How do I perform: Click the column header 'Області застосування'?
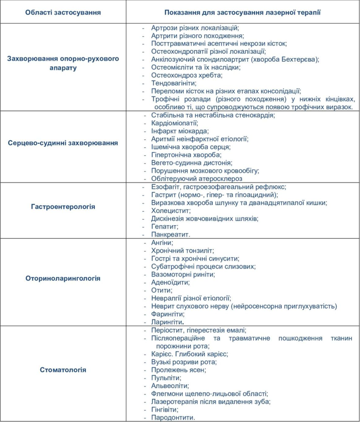click(x=63, y=11)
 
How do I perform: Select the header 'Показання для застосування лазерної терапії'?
click(x=242, y=11)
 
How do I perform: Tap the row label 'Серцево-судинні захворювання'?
click(x=63, y=142)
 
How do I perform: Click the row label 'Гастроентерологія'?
click(x=63, y=207)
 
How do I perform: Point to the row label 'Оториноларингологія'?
click(x=63, y=278)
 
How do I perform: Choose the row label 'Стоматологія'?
click(x=63, y=370)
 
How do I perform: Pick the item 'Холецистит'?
click(x=169, y=211)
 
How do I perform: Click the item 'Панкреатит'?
click(x=170, y=235)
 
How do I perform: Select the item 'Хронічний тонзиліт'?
click(x=182, y=250)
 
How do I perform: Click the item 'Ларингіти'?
click(x=168, y=322)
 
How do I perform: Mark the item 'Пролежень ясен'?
click(x=178, y=370)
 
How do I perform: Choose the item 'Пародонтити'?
click(x=173, y=417)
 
